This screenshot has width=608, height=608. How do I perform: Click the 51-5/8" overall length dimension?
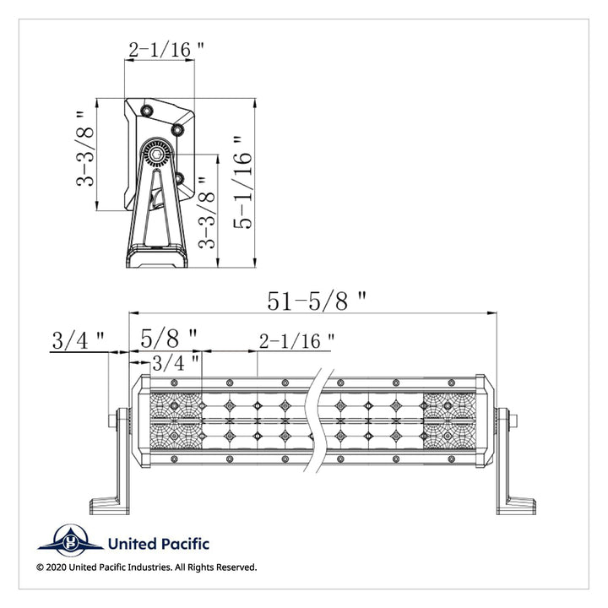point(317,301)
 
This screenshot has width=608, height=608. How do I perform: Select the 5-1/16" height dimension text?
point(243,182)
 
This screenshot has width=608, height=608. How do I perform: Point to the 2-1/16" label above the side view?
point(166,50)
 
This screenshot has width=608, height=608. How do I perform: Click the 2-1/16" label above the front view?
point(296,341)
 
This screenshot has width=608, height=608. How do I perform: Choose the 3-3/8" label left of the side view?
point(85,149)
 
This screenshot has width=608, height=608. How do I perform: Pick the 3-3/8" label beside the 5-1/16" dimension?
point(206,213)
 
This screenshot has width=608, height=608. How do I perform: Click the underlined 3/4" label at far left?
point(78,341)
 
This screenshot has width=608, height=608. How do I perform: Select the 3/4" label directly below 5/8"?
point(176,363)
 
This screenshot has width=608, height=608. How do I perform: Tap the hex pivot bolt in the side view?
point(157,154)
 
